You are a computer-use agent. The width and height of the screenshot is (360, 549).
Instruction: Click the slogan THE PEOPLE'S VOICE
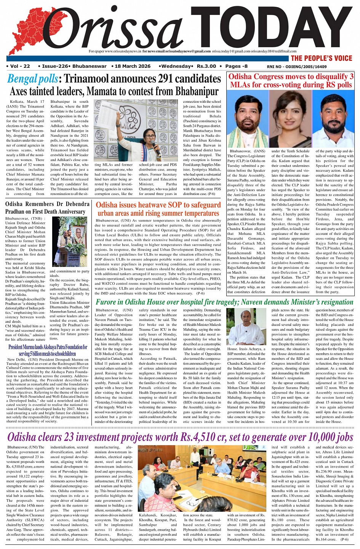tap(322, 58)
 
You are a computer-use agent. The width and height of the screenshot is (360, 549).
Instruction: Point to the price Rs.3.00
tap(206, 66)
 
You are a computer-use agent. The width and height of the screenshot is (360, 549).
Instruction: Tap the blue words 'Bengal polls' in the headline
tap(33, 79)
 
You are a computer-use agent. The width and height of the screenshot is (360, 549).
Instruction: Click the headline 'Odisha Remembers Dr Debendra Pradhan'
tap(47, 207)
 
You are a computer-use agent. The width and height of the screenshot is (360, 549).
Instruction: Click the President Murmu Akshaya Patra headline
tap(48, 350)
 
